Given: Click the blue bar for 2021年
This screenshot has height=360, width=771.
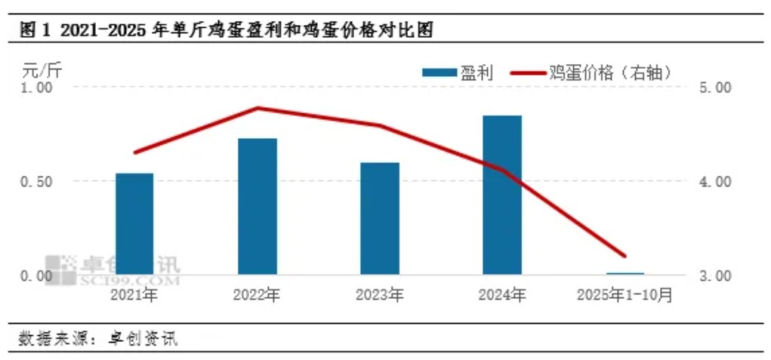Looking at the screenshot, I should [134, 223].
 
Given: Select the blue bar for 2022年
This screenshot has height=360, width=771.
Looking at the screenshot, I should [258, 206].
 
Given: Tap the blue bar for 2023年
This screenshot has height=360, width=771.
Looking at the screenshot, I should [380, 218].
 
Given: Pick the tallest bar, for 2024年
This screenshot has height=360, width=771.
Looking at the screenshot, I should [502, 195].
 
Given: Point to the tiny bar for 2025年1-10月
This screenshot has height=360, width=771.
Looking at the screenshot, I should [625, 273].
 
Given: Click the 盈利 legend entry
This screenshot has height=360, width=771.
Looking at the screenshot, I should [458, 72].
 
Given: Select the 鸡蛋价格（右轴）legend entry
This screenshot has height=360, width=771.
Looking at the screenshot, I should [592, 72].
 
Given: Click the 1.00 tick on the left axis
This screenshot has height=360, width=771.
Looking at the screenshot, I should [37, 88].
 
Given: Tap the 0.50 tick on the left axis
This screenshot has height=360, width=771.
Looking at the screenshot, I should [37, 182].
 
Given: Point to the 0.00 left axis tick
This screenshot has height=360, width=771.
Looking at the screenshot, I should [37, 276].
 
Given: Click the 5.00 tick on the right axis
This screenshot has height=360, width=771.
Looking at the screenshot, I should [715, 88].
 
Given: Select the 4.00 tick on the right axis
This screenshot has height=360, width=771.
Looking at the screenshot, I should [715, 182].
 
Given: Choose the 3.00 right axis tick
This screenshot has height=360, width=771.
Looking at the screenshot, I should [715, 276].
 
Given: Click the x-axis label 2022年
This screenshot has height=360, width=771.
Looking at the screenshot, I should [257, 294].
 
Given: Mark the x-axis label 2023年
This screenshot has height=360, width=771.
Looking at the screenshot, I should [379, 294].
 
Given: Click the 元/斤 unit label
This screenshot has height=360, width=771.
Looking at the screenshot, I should [42, 72].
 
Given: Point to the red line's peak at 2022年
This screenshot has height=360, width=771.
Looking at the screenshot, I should [258, 108].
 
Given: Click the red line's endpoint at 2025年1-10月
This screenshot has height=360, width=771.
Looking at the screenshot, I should [625, 256].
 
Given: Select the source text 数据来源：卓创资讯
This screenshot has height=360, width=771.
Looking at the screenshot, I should [98, 337].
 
